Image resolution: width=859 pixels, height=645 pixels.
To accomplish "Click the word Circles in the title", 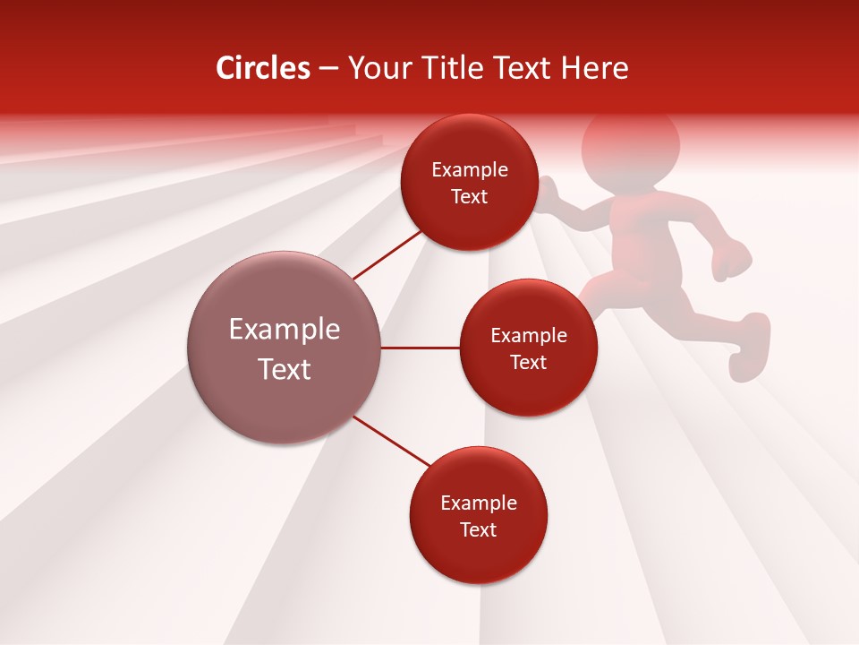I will [262, 68].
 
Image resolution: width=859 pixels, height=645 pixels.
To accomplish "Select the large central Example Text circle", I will [285, 348].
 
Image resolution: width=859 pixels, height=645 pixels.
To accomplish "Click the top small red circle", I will [469, 182].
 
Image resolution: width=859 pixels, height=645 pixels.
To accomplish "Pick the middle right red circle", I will [528, 348].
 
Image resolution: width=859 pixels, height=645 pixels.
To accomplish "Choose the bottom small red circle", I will [478, 515].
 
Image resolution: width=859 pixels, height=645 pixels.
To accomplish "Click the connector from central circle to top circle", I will [387, 255].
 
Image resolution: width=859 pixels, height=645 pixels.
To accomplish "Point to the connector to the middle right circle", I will [420, 348].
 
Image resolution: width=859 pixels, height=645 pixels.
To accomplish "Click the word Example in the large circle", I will [285, 329].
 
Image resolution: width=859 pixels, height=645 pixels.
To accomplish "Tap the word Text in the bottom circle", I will [478, 529].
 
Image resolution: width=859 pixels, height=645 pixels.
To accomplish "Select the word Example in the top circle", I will [469, 169].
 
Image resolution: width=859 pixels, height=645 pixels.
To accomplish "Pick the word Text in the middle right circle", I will [528, 362].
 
